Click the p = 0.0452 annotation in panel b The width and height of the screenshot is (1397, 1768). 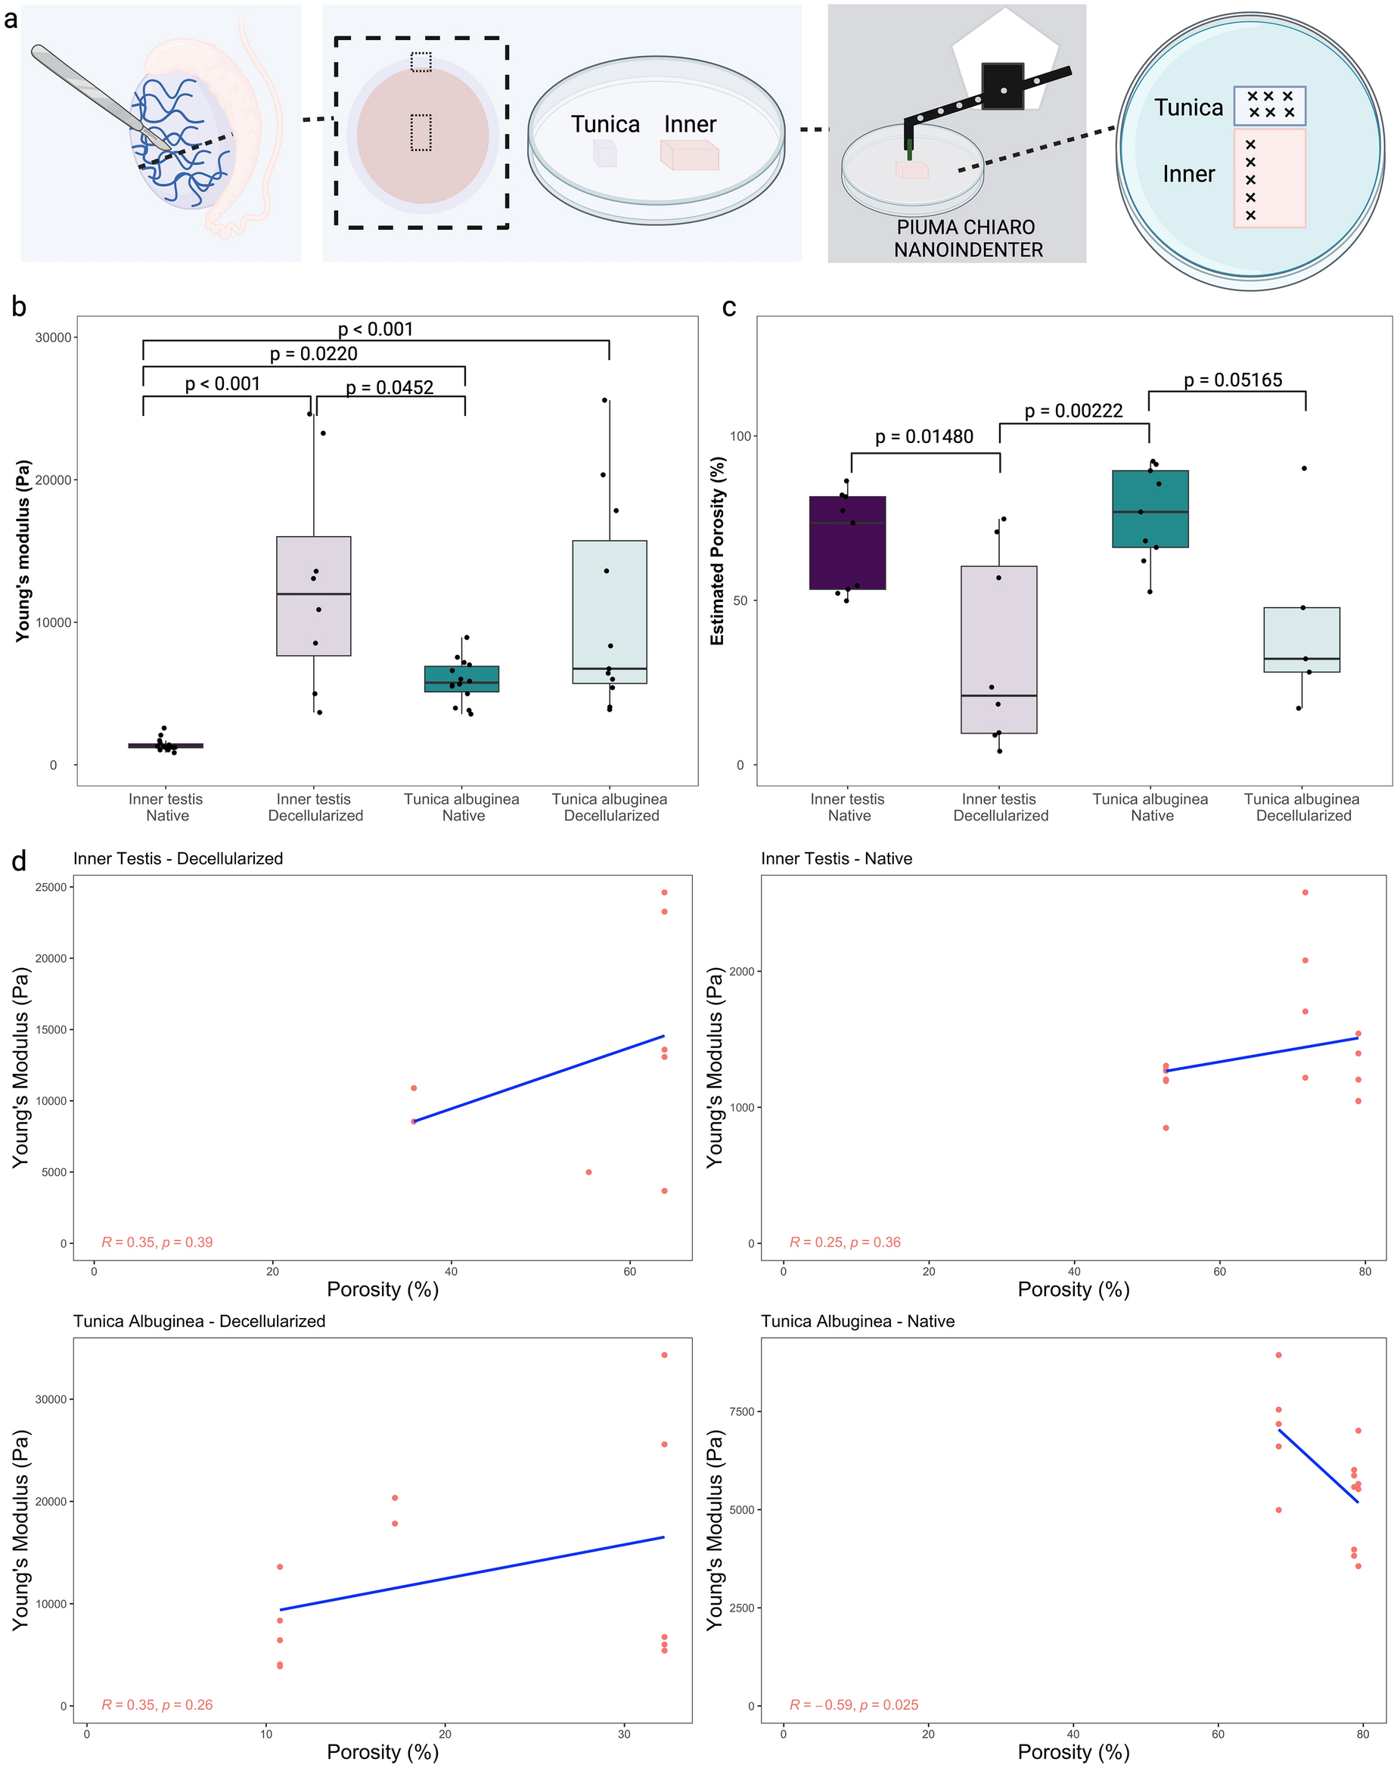[x=390, y=387]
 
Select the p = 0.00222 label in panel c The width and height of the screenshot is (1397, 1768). [x=1073, y=411]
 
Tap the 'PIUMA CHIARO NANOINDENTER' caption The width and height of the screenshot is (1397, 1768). [x=967, y=238]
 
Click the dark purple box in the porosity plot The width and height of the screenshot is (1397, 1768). [x=847, y=542]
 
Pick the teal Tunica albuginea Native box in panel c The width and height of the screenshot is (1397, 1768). [x=1150, y=508]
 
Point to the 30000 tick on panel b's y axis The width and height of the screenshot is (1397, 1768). [x=53, y=338]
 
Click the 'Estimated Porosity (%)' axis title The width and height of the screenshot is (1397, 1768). [x=717, y=551]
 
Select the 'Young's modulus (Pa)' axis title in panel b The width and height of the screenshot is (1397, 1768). [x=23, y=551]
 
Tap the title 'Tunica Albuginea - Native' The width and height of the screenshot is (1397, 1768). [x=857, y=1322]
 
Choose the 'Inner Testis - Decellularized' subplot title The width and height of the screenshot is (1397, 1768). [x=179, y=858]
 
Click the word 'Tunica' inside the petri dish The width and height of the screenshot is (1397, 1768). [x=605, y=124]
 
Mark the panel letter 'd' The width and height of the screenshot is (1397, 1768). [x=19, y=861]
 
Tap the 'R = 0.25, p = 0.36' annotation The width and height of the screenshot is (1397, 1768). [x=845, y=1242]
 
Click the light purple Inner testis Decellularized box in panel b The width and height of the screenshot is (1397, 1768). [x=314, y=595]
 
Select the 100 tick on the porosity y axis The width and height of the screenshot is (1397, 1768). [x=740, y=436]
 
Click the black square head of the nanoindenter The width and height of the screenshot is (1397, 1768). [x=1002, y=87]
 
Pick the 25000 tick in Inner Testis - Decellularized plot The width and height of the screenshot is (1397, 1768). [x=51, y=887]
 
